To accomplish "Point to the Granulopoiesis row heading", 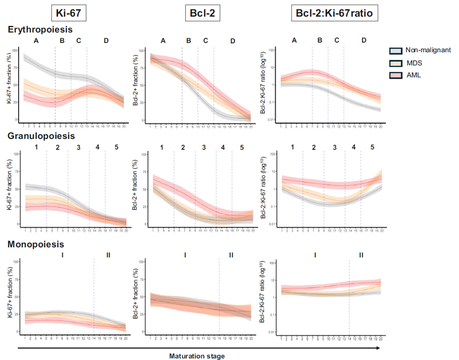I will click(41, 136).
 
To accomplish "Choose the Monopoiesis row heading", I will click(36, 244).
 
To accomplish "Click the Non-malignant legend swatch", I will click(396, 51).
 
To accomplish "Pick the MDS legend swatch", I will click(396, 63).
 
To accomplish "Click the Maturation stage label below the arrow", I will click(197, 356).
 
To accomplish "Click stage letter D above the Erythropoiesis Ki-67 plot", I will click(106, 41).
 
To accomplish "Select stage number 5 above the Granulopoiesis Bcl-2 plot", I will click(242, 147).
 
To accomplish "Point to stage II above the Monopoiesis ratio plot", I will click(361, 255).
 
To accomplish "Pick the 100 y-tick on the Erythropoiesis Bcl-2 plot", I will click(142, 51).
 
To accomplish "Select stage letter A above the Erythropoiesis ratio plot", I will click(294, 41).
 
